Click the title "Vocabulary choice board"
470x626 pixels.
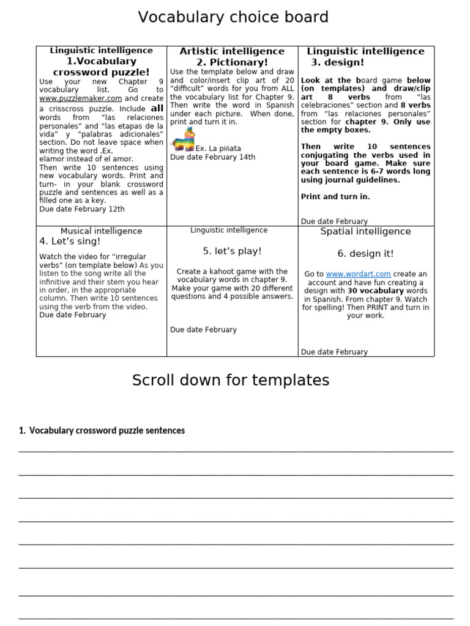point(233,17)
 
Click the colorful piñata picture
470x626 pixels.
point(182,140)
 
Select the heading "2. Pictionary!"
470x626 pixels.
point(232,62)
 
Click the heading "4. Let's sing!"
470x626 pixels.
point(70,241)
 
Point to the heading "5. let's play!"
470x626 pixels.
point(232,251)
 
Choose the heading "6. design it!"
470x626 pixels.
point(365,254)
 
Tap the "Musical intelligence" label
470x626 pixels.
point(101,231)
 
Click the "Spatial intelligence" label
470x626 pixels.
point(365,232)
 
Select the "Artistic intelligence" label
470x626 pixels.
point(232,51)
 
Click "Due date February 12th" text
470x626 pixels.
point(82,209)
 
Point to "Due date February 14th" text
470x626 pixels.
point(212,157)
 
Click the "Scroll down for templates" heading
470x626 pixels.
point(231,380)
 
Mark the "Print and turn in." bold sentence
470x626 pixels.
point(335,197)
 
